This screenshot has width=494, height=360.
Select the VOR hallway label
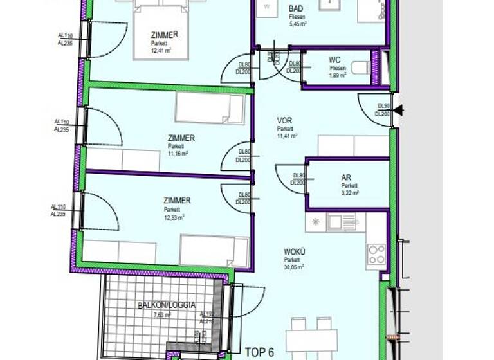pyautogui.click(x=284, y=120)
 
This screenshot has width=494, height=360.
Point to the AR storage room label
pyautogui.click(x=346, y=177)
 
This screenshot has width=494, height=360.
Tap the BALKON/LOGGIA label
pyautogui.click(x=166, y=305)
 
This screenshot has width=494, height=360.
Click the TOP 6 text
pyautogui.click(x=260, y=352)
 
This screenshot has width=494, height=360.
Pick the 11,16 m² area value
pyautogui.click(x=178, y=154)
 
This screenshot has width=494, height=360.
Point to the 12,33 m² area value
pyautogui.click(x=174, y=217)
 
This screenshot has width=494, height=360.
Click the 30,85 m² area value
pyautogui.click(x=294, y=267)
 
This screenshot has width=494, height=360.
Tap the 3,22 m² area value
pyautogui.click(x=349, y=192)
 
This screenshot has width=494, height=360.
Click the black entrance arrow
pyautogui.click(x=399, y=111)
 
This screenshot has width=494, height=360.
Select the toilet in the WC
pyautogui.click(x=360, y=67)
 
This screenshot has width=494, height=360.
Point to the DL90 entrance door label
pyautogui.click(x=384, y=106)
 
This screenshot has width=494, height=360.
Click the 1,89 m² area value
pyautogui.click(x=338, y=75)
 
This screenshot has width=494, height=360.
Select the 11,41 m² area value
pyautogui.click(x=288, y=136)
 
